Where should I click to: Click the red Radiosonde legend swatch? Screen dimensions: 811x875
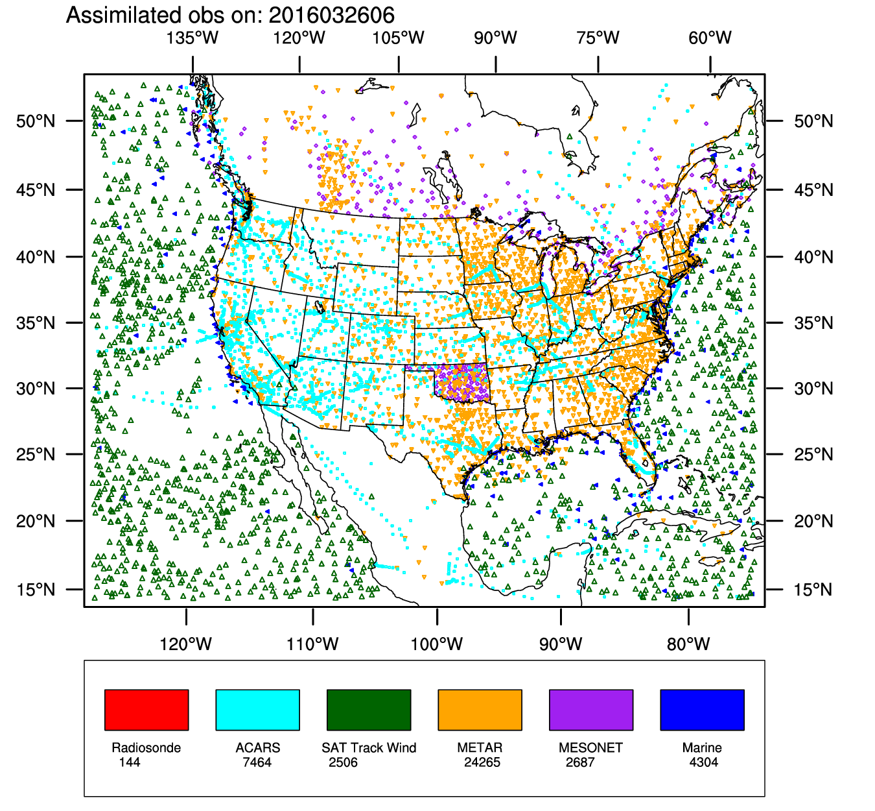coord(146,710)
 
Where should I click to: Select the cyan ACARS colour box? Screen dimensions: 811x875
coord(257,710)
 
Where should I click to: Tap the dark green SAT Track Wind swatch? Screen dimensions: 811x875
coord(369,710)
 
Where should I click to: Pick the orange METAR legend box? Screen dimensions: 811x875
coord(480,710)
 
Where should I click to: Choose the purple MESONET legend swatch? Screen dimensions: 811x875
coord(591,710)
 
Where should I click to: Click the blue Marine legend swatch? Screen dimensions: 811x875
coord(702,710)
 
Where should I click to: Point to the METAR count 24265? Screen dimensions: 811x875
coord(482,762)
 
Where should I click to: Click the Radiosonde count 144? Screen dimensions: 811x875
coord(130,762)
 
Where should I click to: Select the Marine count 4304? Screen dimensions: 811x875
coord(704,762)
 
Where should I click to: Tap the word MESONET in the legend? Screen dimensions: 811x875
coord(590,747)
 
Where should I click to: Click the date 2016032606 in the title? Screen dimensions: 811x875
coord(331,15)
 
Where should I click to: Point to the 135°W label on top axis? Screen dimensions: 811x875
coord(192,38)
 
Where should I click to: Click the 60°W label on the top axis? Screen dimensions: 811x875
coord(710,38)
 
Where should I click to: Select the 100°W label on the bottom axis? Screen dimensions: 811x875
coord(437,644)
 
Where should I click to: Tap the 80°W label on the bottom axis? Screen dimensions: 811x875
coord(688,644)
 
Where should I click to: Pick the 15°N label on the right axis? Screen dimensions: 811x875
coord(813,590)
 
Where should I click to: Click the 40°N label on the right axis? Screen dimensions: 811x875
coord(813,258)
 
